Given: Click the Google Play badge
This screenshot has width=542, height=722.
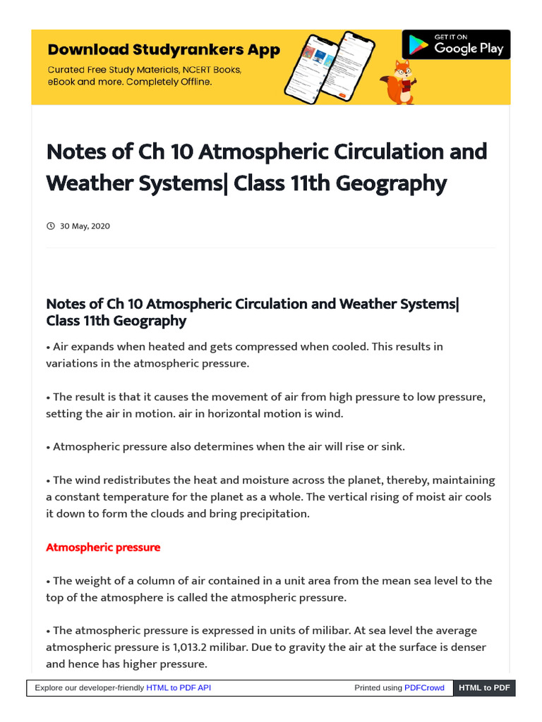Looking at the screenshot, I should click(x=456, y=45).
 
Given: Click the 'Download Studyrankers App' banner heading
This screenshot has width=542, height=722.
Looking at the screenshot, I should click(x=164, y=50).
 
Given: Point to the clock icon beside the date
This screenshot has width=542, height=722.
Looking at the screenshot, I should click(x=50, y=226).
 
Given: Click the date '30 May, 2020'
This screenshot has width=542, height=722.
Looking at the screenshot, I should click(x=85, y=226).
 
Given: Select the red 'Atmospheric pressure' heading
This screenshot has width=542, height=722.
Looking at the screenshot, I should click(x=103, y=547).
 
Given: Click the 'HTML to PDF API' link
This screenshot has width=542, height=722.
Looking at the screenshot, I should click(x=179, y=687).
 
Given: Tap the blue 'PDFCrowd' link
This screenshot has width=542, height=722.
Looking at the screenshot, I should click(x=424, y=687).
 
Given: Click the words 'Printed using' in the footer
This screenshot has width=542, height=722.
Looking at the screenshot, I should click(x=378, y=687).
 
